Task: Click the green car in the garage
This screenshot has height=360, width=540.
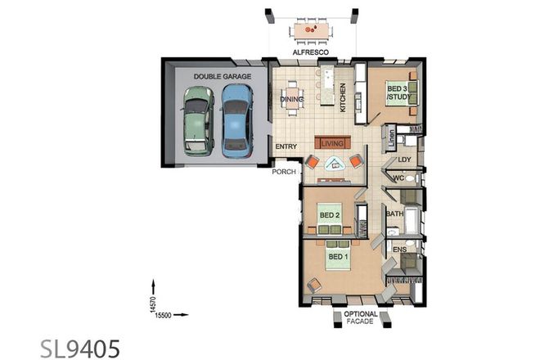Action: (197, 121)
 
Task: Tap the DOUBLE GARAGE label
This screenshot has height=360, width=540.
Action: (216, 77)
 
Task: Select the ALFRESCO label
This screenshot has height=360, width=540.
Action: (311, 52)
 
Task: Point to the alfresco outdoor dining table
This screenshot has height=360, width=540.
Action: (312, 31)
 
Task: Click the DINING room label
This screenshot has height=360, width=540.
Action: (292, 101)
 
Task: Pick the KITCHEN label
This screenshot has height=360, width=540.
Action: (344, 98)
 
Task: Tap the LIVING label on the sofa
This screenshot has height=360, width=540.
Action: (332, 143)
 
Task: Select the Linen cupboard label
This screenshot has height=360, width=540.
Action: (392, 136)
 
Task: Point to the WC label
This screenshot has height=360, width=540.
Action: (398, 178)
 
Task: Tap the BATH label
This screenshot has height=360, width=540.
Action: (394, 214)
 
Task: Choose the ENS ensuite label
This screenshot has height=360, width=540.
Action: (399, 249)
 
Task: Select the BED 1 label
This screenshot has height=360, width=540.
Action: (337, 256)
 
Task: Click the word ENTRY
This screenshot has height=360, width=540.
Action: (286, 146)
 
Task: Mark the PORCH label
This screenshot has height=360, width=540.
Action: (284, 172)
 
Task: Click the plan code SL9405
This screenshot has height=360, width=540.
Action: (80, 346)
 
